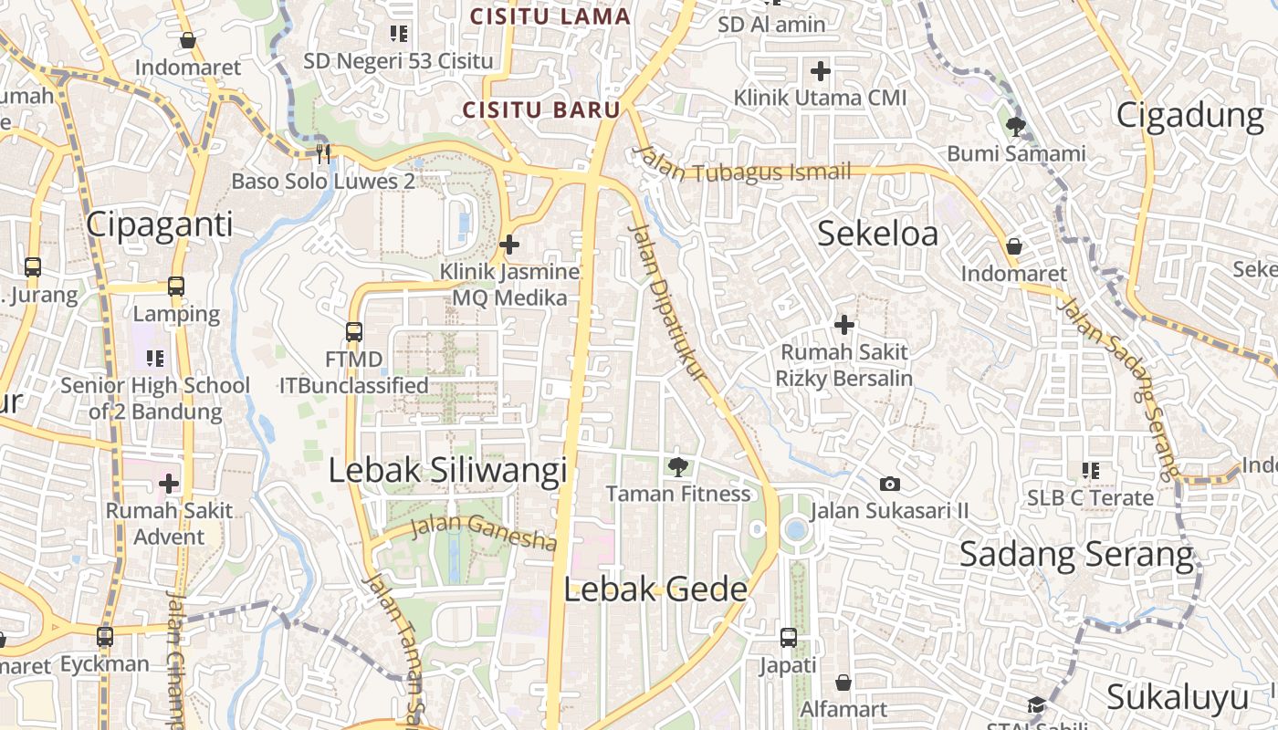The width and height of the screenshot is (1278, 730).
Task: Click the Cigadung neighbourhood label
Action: click(x=1189, y=116)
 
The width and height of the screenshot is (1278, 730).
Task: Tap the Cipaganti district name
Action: click(x=160, y=224)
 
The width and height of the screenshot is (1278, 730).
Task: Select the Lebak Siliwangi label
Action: click(x=447, y=470)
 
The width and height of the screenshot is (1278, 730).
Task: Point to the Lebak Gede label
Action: click(x=655, y=589)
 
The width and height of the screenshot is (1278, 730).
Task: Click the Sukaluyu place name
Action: click(x=1177, y=698)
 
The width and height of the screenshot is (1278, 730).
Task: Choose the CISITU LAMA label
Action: click(x=550, y=16)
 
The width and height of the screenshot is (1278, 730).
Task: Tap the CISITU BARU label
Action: click(x=541, y=110)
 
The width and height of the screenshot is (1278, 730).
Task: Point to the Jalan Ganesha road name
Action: click(x=483, y=532)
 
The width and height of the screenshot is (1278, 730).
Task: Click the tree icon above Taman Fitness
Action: click(x=678, y=467)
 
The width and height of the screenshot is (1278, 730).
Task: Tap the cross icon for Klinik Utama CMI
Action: click(x=821, y=70)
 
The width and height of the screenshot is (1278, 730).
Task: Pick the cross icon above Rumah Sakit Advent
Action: click(x=169, y=484)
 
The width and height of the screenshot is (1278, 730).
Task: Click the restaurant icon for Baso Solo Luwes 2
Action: click(x=322, y=153)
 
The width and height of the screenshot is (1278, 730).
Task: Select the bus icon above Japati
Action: click(x=789, y=638)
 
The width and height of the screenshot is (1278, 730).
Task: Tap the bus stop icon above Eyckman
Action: click(x=105, y=636)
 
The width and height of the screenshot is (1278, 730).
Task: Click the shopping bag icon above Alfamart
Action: click(x=843, y=683)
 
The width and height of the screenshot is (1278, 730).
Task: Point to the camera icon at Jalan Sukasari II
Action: click(x=889, y=484)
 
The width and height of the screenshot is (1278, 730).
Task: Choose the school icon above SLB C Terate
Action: click(x=1090, y=471)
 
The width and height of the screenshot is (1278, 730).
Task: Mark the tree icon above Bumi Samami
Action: click(x=1015, y=126)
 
